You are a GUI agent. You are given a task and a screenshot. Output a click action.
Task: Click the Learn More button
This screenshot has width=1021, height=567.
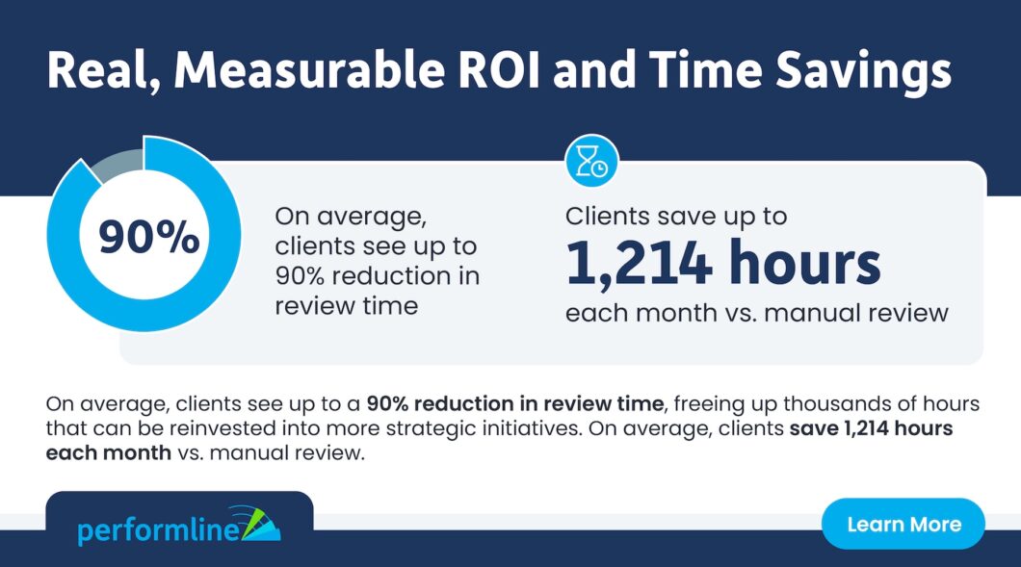(x=903, y=524)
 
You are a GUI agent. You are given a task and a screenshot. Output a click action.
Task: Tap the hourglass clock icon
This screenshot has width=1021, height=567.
(x=592, y=162)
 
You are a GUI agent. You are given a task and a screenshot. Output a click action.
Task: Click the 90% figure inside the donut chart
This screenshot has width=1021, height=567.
(x=148, y=236)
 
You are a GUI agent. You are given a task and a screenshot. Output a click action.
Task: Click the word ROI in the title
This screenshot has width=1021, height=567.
(x=500, y=69)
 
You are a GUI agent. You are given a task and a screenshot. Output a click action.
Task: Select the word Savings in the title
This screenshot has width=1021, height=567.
(x=863, y=71)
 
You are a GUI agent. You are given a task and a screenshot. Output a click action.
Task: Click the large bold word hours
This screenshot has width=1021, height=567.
(x=805, y=262)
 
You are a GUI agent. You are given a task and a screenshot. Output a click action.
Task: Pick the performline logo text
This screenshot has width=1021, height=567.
(x=159, y=530)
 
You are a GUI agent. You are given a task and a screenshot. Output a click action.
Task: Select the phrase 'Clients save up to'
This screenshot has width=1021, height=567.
(x=676, y=217)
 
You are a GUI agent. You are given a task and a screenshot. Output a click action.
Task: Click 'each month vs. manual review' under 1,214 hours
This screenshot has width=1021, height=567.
(x=757, y=313)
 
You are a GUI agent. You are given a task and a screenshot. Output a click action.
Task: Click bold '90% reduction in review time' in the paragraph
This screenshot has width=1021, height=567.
(x=515, y=403)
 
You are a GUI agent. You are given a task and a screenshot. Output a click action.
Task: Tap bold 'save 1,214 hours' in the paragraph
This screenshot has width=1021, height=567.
(x=872, y=428)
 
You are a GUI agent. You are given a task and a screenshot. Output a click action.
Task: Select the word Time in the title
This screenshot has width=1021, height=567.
(x=705, y=69)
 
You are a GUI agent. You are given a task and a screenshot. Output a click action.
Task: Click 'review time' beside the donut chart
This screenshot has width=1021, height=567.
(x=347, y=306)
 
